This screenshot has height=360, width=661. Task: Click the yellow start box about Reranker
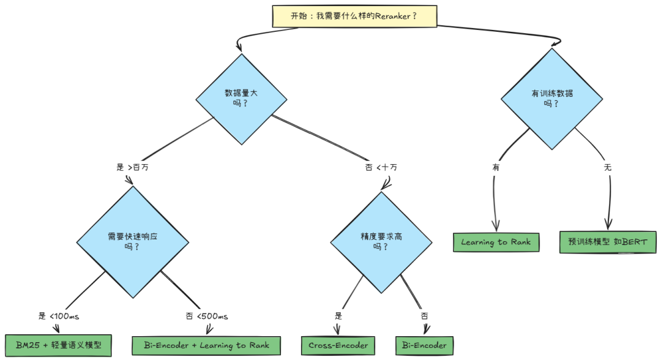pos(354,17)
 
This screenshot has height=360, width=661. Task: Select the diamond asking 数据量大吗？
pos(241,99)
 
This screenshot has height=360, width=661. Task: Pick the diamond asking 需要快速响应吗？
pos(132,241)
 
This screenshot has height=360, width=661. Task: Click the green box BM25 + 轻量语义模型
pos(59,345)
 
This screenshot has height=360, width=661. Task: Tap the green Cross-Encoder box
pos(337,345)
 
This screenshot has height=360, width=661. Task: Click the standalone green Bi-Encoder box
pos(424,345)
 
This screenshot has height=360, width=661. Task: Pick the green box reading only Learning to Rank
pos(496,242)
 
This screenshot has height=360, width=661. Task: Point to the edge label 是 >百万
pos(132,167)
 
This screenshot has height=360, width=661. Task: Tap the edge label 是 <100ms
pos(59,317)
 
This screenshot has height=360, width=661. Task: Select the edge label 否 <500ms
pos(207,317)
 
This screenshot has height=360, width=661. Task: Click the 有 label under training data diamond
pos(495,167)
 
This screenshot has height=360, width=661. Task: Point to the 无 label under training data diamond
pos(607,167)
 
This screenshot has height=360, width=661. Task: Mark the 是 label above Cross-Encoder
pos(338,317)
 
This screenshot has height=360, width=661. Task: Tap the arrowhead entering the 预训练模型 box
pos(608,227)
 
